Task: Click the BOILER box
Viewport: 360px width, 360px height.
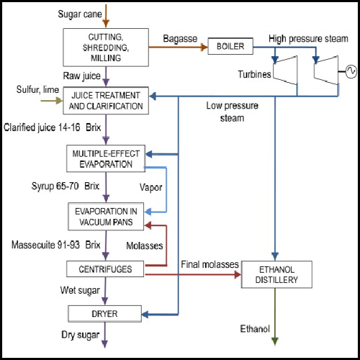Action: [230, 46]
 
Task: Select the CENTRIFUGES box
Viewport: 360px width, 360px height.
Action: [105, 269]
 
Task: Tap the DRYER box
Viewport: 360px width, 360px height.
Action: [105, 314]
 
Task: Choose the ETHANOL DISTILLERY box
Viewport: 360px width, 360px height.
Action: [276, 274]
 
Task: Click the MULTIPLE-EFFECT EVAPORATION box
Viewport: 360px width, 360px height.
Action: [106, 158]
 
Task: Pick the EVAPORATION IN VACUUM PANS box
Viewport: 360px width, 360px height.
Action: [106, 217]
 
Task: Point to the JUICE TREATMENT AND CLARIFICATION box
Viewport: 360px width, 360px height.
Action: [106, 101]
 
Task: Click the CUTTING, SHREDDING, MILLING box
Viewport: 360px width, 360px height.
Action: [106, 48]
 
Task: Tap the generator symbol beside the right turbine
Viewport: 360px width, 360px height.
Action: [351, 71]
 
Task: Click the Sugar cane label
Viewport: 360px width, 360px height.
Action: [80, 14]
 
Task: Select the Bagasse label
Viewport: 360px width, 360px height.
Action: [180, 39]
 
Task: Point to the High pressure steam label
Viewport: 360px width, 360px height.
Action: [308, 39]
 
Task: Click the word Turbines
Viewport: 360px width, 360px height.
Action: [254, 74]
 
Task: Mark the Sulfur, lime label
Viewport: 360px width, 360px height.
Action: [37, 89]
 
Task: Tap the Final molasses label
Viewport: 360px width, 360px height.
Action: [210, 264]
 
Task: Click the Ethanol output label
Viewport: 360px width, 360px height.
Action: [255, 328]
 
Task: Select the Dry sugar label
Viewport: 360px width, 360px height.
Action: [81, 335]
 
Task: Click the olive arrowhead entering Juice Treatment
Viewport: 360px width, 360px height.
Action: [59, 101]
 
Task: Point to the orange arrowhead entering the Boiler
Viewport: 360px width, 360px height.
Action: [204, 47]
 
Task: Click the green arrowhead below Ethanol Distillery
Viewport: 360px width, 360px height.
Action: [275, 341]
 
